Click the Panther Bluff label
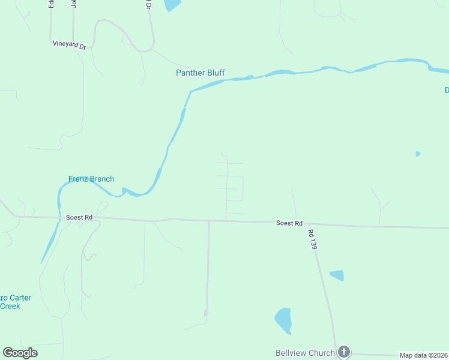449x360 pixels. coord(200,73)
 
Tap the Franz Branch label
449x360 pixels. coord(91,179)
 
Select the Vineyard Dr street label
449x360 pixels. coord(69,44)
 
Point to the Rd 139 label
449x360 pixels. coord(311,239)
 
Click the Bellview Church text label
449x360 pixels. coord(304,353)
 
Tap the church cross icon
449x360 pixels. coord(343,352)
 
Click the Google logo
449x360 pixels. coord(20,353)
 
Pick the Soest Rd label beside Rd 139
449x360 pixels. coord(289,223)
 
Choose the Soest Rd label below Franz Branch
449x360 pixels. coord(79,217)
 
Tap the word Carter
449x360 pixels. coord(20,298)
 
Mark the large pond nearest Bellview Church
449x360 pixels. coord(283,320)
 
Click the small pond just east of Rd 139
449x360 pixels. coord(337,275)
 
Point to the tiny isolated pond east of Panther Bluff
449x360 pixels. coord(418,154)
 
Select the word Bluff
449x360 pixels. coord(214,73)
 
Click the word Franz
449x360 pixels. coord(79,179)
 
